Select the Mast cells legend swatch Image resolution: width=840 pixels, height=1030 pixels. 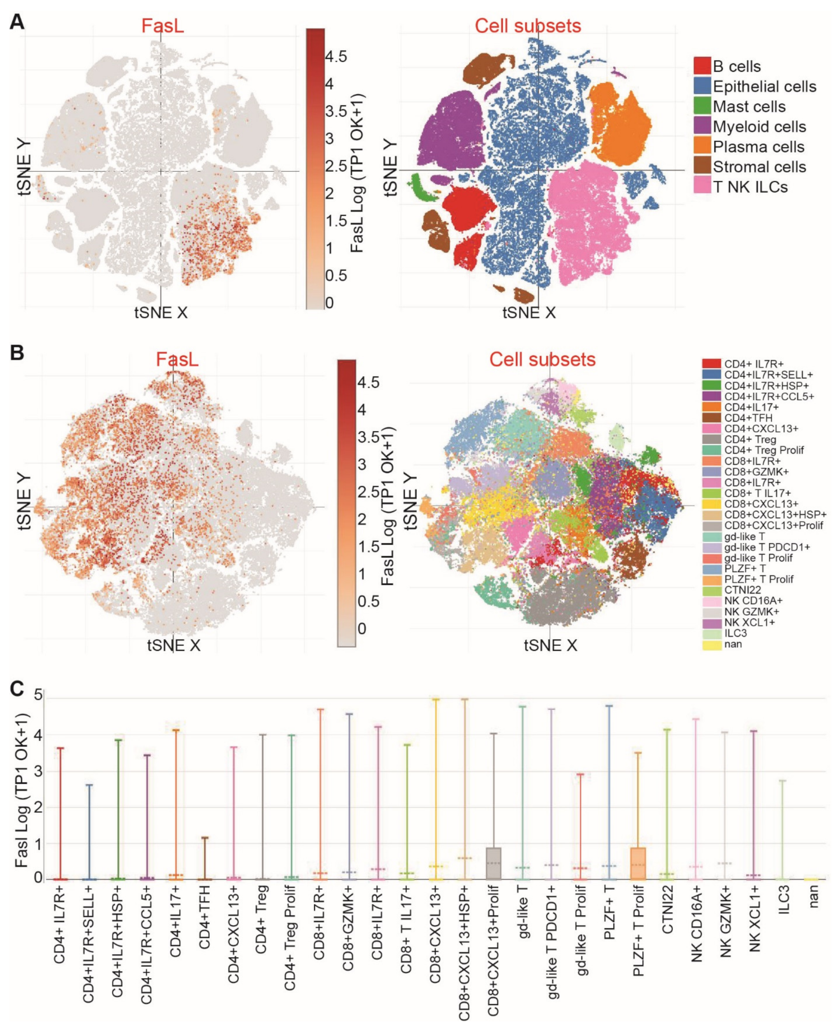702,106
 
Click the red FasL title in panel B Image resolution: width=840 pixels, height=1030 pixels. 177,360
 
